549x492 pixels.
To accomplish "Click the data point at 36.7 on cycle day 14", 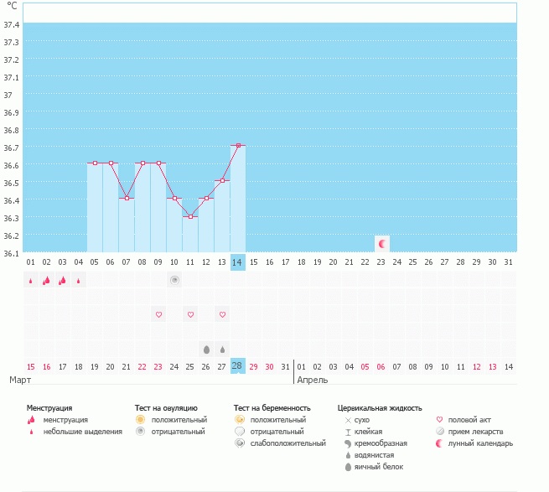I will pos(238,146).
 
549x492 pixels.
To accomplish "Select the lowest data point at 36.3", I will pos(190,216).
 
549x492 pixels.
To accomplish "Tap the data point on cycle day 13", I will pos(222,181).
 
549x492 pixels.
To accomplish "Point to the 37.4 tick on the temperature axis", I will pos(12,24).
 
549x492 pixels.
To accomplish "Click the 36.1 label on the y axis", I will pos(12,253).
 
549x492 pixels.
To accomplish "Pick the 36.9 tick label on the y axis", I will pos(12,112).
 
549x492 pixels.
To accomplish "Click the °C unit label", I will pos(12,7).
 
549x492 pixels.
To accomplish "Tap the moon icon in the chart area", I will pos(382,243).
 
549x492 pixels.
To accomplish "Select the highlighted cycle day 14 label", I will pos(238,262).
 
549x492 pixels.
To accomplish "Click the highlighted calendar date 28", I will pos(238,366).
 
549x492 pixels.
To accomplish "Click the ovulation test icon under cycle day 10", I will pos(174,280).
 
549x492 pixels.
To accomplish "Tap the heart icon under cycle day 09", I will pos(158,314).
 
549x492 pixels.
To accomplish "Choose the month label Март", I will pos(21,380).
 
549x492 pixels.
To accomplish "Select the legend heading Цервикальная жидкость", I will pos(380,407).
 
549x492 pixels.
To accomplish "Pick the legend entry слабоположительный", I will pos(287,443).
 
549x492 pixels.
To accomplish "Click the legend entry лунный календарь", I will pos(480,443).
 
